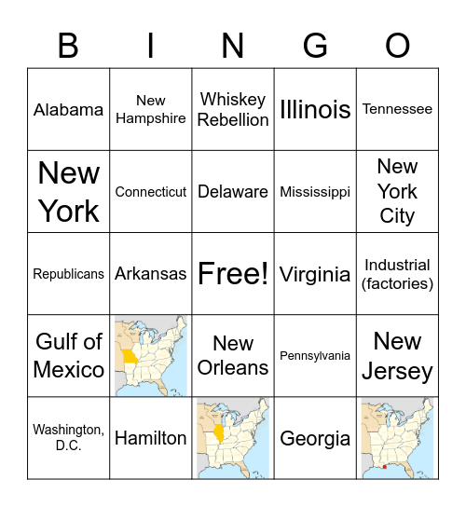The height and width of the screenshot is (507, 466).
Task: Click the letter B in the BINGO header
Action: point(68,45)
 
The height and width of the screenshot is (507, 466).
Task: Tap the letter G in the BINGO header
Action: point(315,45)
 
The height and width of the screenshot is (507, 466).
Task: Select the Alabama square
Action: point(69,110)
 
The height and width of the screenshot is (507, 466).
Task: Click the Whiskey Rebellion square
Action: point(233,110)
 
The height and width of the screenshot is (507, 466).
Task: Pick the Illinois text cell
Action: point(315,110)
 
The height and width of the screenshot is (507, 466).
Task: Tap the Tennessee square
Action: point(397,110)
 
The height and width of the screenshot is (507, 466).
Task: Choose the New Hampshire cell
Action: point(151,110)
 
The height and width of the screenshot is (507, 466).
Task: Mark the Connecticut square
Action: point(151,192)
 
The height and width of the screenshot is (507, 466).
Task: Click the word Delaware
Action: point(233,192)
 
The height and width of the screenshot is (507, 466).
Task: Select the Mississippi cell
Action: point(315,192)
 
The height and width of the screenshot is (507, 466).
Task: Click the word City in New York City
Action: point(397,216)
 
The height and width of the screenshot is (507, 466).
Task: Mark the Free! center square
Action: point(233,274)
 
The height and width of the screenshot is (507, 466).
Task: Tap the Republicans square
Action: point(69,274)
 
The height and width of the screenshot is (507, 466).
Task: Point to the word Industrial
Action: point(397,265)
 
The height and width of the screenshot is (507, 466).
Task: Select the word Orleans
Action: point(233,368)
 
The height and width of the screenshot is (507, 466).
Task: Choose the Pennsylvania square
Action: point(315,356)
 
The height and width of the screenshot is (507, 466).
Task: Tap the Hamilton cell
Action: point(151,438)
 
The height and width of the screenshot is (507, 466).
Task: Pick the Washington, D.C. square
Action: point(69,438)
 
